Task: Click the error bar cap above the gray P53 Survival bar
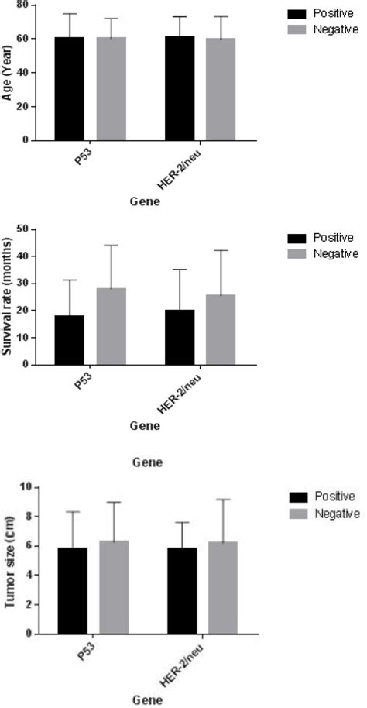click(111, 246)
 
